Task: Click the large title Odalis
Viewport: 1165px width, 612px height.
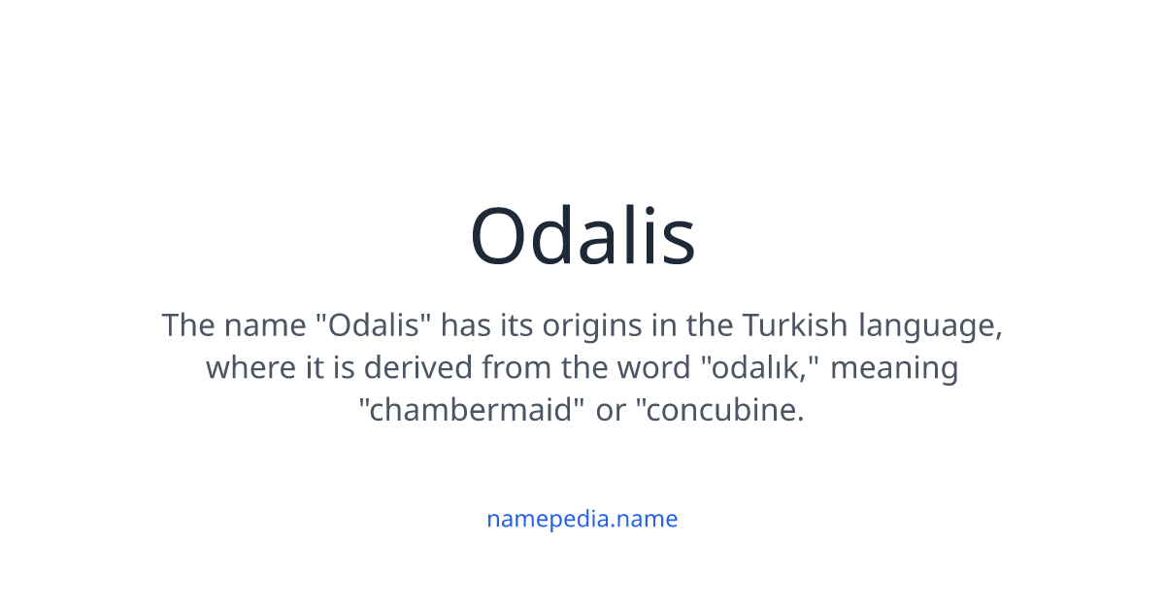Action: pos(582,236)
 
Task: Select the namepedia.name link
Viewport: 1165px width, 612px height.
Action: pos(582,519)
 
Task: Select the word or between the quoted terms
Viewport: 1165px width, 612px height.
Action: pos(611,411)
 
